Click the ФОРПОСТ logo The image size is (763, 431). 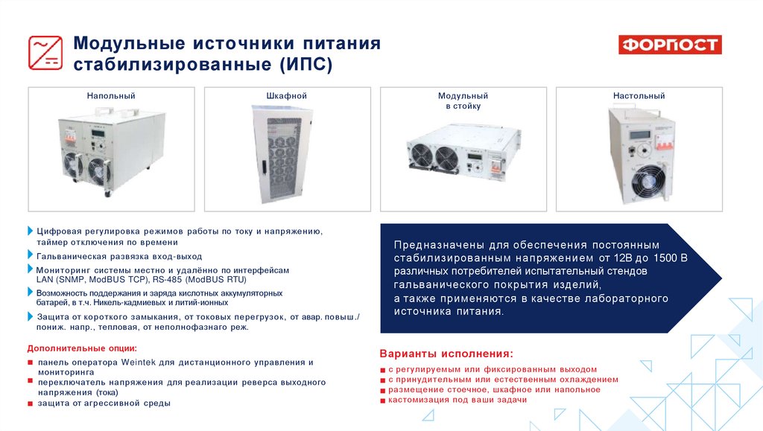[670, 45]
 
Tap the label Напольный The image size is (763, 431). [111, 96]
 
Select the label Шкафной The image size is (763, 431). [287, 96]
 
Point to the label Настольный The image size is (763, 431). [639, 96]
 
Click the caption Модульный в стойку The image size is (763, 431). [463, 101]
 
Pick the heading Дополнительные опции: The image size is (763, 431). [82, 348]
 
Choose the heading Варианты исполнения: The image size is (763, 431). [446, 354]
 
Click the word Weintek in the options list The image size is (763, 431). [136, 362]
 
